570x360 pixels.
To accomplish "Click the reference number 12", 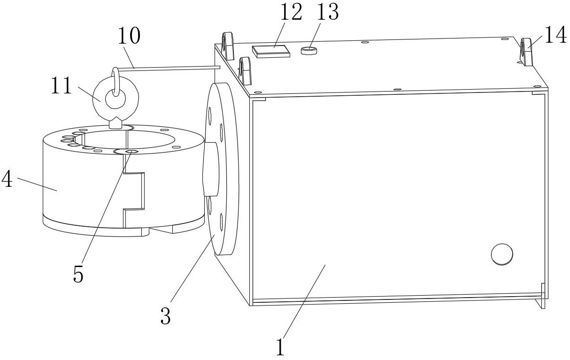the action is (x=291, y=12).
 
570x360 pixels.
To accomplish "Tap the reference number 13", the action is (x=328, y=12).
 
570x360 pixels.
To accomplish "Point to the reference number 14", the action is (x=555, y=36).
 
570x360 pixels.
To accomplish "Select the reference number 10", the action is (x=129, y=36).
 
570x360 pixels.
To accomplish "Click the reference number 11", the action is (x=62, y=86).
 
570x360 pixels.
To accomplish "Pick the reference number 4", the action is (x=7, y=179).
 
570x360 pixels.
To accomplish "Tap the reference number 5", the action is (x=78, y=274).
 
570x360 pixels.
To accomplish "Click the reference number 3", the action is (x=165, y=316).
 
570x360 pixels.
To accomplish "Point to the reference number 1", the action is (x=280, y=347).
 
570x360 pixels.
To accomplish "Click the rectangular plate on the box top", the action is (x=271, y=52).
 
